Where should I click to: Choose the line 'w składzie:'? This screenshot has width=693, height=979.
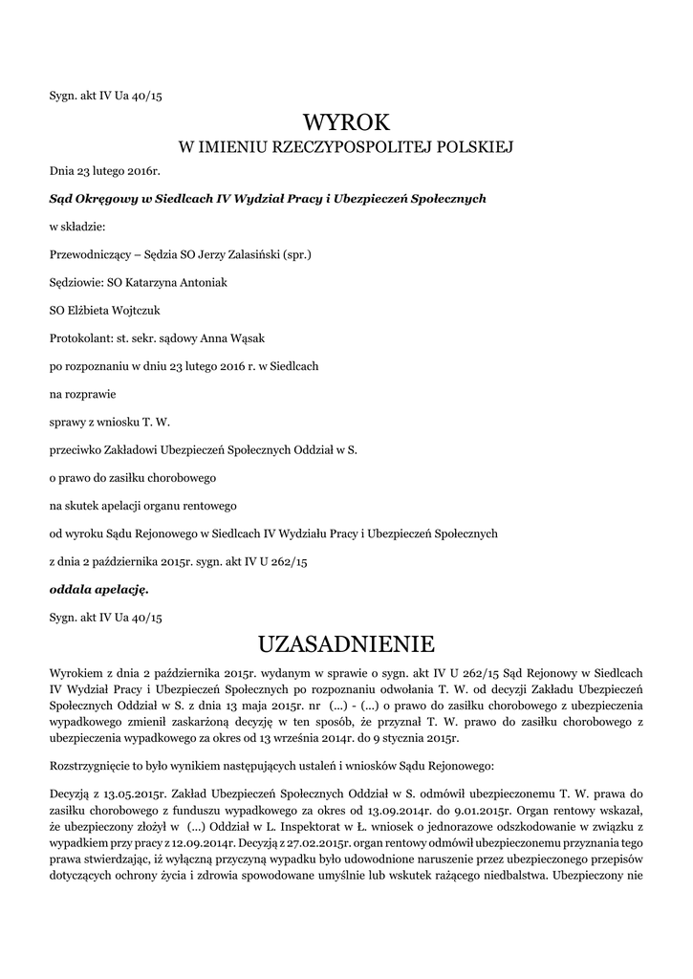point(77,227)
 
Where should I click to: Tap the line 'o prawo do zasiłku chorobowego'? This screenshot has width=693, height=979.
point(133,476)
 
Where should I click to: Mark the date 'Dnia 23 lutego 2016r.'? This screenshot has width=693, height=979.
point(105,171)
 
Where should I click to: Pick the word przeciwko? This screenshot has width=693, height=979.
point(76,448)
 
